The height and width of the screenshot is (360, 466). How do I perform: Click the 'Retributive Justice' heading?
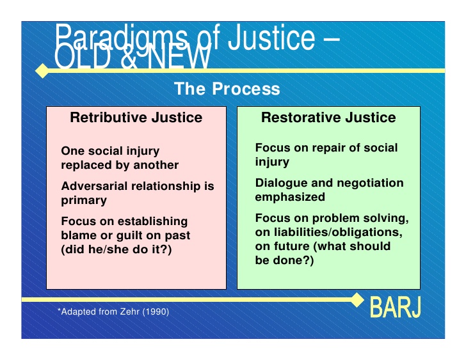click(136, 118)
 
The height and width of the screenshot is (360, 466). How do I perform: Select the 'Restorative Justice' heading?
click(328, 118)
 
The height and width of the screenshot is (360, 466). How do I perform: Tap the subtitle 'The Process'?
click(227, 89)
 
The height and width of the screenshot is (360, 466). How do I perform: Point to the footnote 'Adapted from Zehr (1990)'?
click(114, 311)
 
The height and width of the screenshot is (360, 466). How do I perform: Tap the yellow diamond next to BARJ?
click(357, 299)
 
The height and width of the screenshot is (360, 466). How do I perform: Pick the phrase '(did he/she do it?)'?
click(116, 249)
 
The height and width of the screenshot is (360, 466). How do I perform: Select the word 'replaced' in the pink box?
click(86, 165)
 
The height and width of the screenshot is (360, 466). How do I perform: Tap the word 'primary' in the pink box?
click(84, 201)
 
